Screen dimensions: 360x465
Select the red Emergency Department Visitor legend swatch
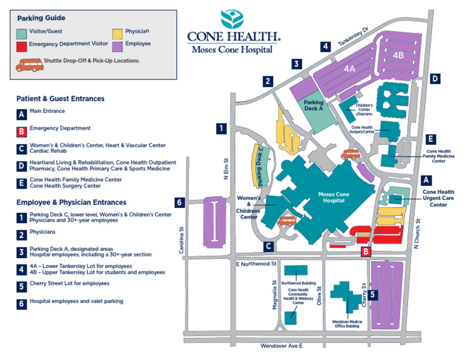coord(22,45)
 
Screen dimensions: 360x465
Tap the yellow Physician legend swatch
coord(117,33)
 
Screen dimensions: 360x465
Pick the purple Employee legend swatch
coord(117,45)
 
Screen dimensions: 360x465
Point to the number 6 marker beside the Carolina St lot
coord(180,203)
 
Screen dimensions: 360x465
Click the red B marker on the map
coord(366,252)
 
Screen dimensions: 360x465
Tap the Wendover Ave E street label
coord(281,345)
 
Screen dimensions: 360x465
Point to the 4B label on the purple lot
coord(398,55)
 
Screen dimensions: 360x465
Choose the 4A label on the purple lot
coord(349,69)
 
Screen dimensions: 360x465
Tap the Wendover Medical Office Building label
coord(346,324)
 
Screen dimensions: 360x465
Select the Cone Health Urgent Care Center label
coord(438,198)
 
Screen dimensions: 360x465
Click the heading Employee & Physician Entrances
coord(71,202)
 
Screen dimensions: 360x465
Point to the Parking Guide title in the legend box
coord(41,18)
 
